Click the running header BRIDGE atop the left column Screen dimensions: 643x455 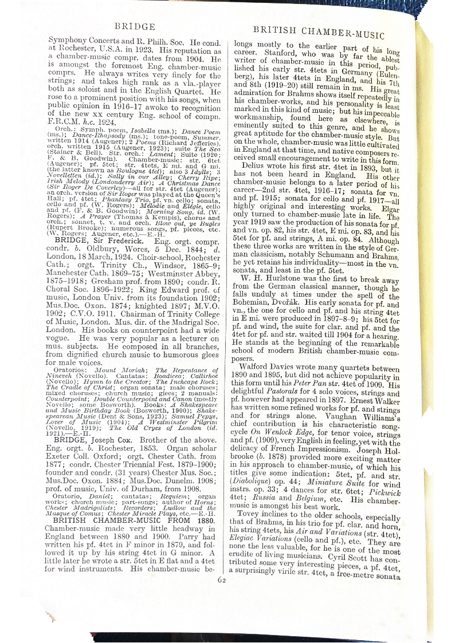[135, 26]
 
